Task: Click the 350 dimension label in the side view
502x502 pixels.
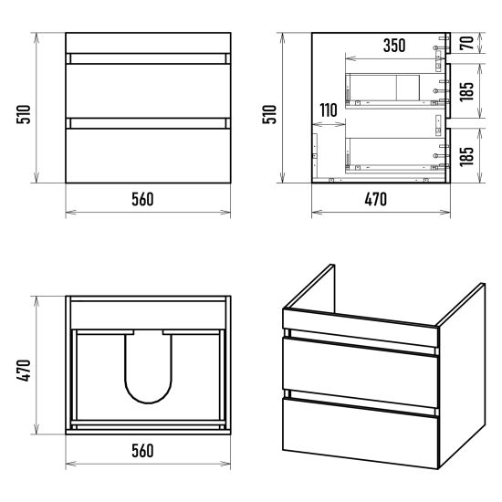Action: click(x=394, y=46)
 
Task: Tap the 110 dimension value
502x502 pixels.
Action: click(x=329, y=110)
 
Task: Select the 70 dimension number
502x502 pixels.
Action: click(x=466, y=43)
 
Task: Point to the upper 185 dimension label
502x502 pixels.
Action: click(x=466, y=91)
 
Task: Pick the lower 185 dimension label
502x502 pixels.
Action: click(x=466, y=156)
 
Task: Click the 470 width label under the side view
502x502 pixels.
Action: click(x=376, y=199)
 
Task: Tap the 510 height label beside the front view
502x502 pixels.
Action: click(x=24, y=114)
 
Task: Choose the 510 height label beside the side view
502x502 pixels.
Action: click(x=269, y=114)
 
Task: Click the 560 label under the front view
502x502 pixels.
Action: click(x=142, y=199)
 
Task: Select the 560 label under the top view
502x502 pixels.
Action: click(x=142, y=451)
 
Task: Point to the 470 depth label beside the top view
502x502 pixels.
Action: click(x=24, y=371)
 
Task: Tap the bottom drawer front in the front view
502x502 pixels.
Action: click(x=148, y=155)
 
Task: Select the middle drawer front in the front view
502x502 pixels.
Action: click(x=148, y=91)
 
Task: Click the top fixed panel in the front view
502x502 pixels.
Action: click(x=148, y=43)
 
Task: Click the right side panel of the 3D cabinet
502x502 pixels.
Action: click(x=463, y=374)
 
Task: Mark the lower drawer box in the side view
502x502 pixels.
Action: click(x=396, y=154)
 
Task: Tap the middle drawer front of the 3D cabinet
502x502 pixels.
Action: click(x=361, y=373)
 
